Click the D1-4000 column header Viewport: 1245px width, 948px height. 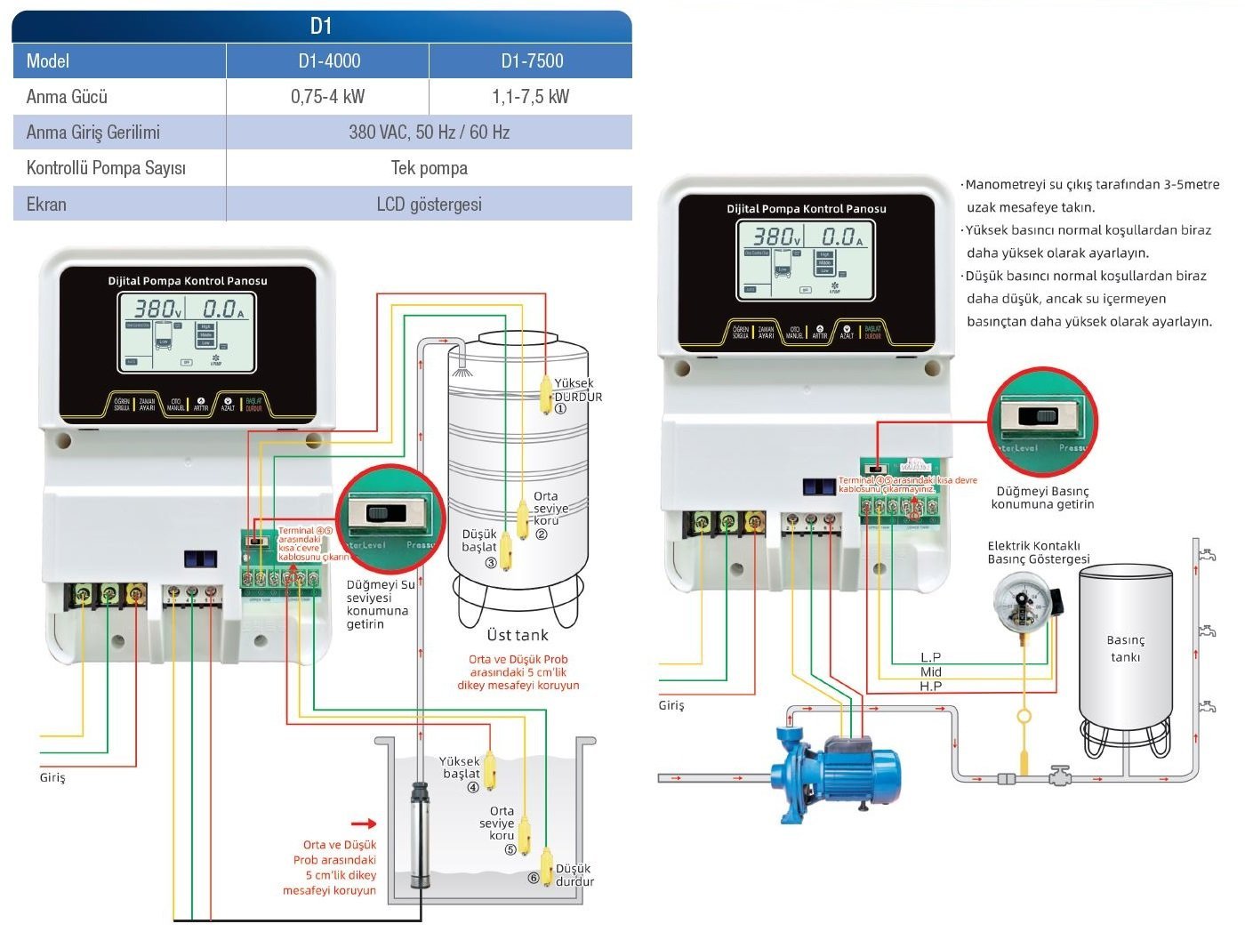(329, 60)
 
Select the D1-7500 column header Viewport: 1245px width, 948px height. (532, 60)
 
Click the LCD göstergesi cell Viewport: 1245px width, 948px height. (429, 205)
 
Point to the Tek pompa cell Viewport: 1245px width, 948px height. (429, 168)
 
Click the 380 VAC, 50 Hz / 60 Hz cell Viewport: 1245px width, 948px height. (429, 133)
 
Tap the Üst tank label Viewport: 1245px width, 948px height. (518, 635)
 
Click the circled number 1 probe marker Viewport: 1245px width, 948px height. (560, 409)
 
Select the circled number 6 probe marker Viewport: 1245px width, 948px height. (534, 878)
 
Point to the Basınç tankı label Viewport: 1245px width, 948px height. (1125, 648)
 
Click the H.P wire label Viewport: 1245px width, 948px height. (930, 687)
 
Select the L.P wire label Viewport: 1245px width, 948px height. (930, 657)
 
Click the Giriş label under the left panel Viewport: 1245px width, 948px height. (52, 777)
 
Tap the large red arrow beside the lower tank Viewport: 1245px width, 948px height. (364, 823)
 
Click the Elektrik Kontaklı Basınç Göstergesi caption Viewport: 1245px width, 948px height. (1038, 552)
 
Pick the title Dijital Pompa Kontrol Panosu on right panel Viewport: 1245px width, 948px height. (806, 209)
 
